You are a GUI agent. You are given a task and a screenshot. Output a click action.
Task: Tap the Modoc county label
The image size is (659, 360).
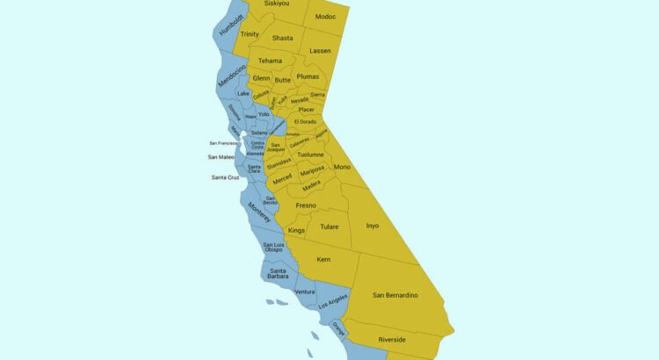pyautogui.click(x=325, y=17)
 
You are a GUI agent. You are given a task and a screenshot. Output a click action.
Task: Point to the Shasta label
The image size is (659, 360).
pyautogui.click(x=282, y=38)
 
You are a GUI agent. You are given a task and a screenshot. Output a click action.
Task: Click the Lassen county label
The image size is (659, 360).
pyautogui.click(x=320, y=51)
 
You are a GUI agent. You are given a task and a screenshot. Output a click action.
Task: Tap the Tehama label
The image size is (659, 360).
pyautogui.click(x=270, y=61)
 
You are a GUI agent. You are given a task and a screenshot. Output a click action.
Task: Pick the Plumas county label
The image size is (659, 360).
pyautogui.click(x=308, y=76)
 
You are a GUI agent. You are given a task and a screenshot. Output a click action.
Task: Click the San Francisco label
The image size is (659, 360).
pyautogui.click(x=224, y=142)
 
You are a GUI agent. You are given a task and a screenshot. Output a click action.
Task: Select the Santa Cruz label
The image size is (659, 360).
pyautogui.click(x=226, y=177)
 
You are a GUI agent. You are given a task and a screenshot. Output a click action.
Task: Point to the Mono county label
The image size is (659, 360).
pyautogui.click(x=342, y=167)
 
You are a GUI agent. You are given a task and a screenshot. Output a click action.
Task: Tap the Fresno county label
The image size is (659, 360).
pyautogui.click(x=306, y=205)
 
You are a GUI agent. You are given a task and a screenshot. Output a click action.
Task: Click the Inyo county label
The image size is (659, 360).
pyautogui.click(x=373, y=226)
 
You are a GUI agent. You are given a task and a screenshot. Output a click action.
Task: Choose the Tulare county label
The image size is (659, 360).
pyautogui.click(x=329, y=227)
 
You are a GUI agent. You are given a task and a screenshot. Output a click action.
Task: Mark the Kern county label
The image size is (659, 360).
pyautogui.click(x=323, y=260)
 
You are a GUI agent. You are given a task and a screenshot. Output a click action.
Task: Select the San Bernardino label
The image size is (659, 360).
pyautogui.click(x=395, y=294)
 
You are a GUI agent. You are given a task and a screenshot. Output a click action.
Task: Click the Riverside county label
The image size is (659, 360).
pyautogui.click(x=392, y=339)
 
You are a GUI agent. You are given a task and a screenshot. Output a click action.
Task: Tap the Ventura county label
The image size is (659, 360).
pyautogui.click(x=305, y=292)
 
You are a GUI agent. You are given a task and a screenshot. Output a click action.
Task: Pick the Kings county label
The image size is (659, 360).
pyautogui.click(x=296, y=230)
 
